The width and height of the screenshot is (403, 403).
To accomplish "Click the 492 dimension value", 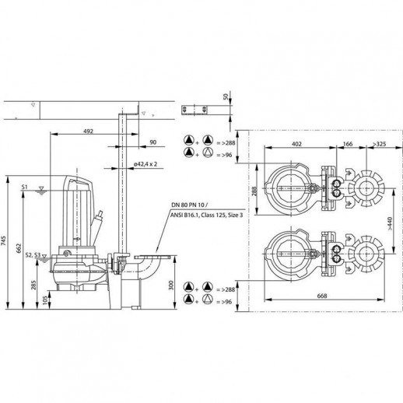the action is coord(88,131).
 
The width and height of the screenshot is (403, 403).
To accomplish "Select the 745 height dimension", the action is coord(3,243).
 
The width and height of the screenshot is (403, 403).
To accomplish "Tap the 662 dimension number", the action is coord(19,248).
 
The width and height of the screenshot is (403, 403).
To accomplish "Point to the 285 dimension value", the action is coord(33,285).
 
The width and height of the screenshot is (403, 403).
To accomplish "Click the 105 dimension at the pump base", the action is coord(45,300).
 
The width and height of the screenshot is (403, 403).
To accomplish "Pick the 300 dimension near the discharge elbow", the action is coord(171,286).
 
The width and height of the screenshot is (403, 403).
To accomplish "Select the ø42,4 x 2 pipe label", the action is coord(145,164).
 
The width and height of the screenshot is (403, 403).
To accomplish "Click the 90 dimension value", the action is coord(153,142).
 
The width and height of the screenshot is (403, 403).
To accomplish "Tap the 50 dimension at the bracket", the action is coord(226,96).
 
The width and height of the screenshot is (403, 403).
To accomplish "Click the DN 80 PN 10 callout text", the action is coord(189,205).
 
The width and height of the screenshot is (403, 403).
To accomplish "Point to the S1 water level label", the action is coord(24,187).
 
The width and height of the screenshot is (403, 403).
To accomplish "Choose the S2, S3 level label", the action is coord(33,255).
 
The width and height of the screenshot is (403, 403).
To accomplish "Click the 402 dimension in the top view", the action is coord(296,143).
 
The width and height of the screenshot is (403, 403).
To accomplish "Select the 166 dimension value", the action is coord(348,143).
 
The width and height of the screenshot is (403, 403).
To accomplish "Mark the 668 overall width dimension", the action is coord(322,296).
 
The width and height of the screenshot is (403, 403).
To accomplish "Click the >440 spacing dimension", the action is coord(391,223).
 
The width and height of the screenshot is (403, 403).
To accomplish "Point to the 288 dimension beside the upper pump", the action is coord(254,191).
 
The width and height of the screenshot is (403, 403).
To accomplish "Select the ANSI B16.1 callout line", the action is coord(206,215).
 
